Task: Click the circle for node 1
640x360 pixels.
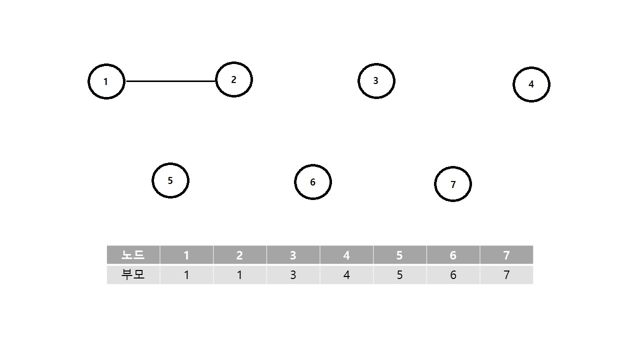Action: coord(106,81)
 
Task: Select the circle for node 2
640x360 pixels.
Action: coord(233,79)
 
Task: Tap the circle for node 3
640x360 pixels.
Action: coord(376,80)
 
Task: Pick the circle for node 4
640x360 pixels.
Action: coord(531,84)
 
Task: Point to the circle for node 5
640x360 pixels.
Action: coord(170,180)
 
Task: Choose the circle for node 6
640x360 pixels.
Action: coord(312,182)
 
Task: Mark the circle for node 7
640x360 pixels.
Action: coord(452,184)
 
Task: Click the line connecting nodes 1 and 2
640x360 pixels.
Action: coord(170,81)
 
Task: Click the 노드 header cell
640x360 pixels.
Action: coord(133,255)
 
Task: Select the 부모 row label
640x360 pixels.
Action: coord(133,274)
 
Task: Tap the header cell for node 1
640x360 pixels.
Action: coord(186,255)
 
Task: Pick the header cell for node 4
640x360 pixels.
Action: coord(346,255)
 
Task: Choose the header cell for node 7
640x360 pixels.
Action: coord(506,255)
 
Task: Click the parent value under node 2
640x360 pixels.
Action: coord(239,274)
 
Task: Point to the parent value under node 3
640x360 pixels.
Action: coord(293,274)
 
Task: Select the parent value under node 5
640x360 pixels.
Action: coord(399,274)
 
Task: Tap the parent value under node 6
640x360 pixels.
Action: coord(453,274)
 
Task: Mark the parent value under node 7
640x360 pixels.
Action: coord(506,274)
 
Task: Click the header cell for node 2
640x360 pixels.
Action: coord(239,255)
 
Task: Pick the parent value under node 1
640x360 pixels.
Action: coord(186,274)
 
